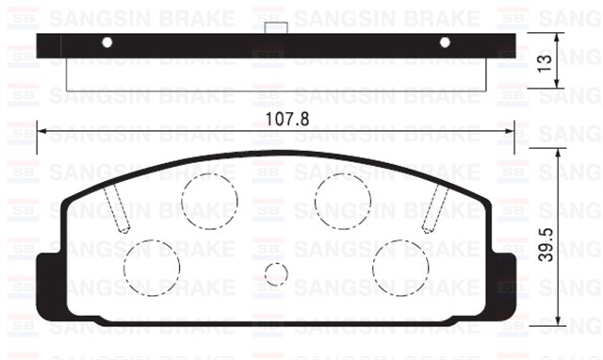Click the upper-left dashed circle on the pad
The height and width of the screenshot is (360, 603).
(x=208, y=201)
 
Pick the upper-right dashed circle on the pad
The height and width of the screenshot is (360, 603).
(x=342, y=201)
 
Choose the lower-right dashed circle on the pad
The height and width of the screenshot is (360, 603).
(x=400, y=265)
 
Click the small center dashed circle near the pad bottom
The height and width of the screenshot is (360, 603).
(x=275, y=274)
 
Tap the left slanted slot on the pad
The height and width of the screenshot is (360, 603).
(x=118, y=205)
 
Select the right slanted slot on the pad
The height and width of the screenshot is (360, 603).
(x=434, y=205)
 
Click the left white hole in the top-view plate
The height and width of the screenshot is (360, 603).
(x=106, y=42)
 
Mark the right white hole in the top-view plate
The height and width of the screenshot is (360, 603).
(x=446, y=42)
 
